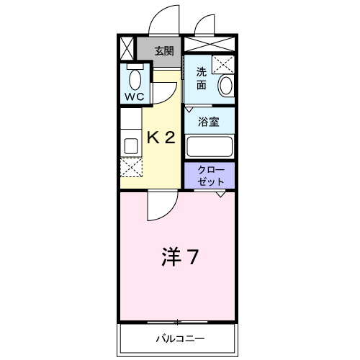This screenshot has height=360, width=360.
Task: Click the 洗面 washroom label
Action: coord(202,78)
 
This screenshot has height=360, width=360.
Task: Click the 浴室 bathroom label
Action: coord(209,122)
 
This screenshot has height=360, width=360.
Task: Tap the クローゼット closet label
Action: coord(211,176)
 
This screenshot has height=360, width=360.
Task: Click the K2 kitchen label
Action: coord(161,138)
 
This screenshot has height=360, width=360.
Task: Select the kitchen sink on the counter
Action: coord(131,145)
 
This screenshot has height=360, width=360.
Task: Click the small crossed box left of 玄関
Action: coord(127,48)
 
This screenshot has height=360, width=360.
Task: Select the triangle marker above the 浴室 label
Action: coord(189,109)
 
